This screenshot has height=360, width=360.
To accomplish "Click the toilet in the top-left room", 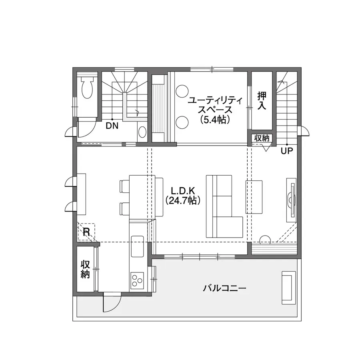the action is pyautogui.click(x=87, y=87).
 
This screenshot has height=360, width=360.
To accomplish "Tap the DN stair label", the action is pyautogui.click(x=112, y=126).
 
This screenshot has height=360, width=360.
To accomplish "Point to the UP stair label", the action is pyautogui.click(x=287, y=151).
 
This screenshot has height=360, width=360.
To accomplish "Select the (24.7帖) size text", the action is pyautogui.click(x=183, y=201).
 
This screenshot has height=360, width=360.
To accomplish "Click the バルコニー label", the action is pyautogui.click(x=224, y=288).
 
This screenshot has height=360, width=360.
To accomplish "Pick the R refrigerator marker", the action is pyautogui.click(x=86, y=232).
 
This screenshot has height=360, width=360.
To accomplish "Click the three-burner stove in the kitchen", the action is pyautogui.click(x=137, y=280).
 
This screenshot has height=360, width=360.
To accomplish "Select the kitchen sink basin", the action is pyautogui.click(x=137, y=246).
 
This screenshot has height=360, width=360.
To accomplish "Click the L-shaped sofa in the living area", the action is pyautogui.click(x=224, y=206).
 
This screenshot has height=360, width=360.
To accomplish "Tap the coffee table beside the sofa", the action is pyautogui.click(x=254, y=197).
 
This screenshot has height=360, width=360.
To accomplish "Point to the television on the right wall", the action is pyautogui.click(x=292, y=200).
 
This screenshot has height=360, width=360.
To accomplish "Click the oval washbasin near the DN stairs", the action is pyautogui.click(x=142, y=132).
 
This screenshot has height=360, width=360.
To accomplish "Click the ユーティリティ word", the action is pyautogui.click(x=215, y=100).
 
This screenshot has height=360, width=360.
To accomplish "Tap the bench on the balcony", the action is pyautogui.click(x=289, y=288).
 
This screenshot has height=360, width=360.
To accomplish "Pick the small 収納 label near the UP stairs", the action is pyautogui.click(x=262, y=138).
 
